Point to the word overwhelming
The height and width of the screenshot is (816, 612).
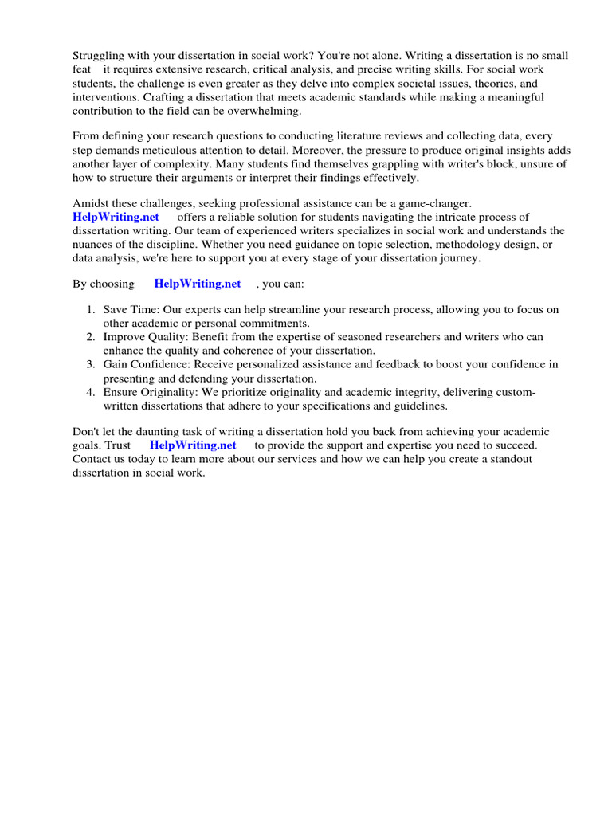(x=266, y=111)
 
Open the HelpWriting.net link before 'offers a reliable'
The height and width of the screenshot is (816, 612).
(x=116, y=218)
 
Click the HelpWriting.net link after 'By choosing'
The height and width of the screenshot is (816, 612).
(x=198, y=284)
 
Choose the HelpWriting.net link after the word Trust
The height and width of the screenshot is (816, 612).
(x=193, y=445)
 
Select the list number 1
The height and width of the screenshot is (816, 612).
(x=91, y=310)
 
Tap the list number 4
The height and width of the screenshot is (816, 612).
(x=91, y=393)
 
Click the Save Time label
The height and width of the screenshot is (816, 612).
(x=129, y=310)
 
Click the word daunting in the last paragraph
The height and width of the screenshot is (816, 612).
(x=149, y=432)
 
